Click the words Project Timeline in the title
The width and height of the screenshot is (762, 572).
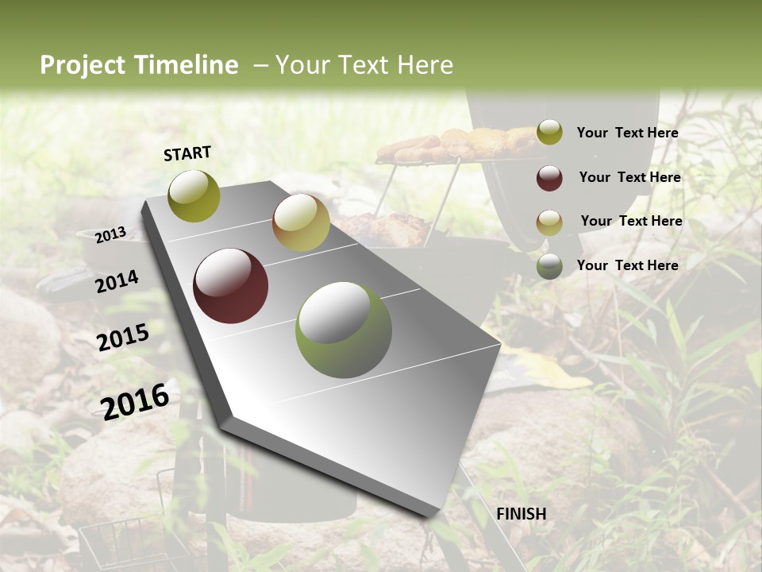139,65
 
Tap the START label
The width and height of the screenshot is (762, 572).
187,153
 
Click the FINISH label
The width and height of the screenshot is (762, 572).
521,514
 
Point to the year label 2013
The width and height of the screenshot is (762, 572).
111,235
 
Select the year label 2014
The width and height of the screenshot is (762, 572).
117,281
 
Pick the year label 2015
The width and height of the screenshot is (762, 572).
123,338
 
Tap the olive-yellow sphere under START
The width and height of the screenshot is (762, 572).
194,196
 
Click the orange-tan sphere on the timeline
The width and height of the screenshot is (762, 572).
301,222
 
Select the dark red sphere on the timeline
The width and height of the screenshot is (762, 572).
231,286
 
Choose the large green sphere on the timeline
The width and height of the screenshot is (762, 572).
344,330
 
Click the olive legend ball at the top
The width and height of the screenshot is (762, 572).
549,133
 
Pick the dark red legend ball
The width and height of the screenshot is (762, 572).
549,178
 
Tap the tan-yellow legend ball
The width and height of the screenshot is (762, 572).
549,222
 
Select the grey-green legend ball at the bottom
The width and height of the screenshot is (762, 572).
549,266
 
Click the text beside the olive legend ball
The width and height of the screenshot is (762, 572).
627,133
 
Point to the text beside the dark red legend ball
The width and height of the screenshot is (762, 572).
629,177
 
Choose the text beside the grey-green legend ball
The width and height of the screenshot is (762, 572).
627,265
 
